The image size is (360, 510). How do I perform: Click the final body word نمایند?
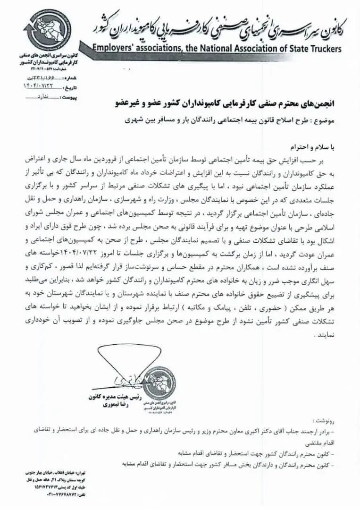coord(325,335)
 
